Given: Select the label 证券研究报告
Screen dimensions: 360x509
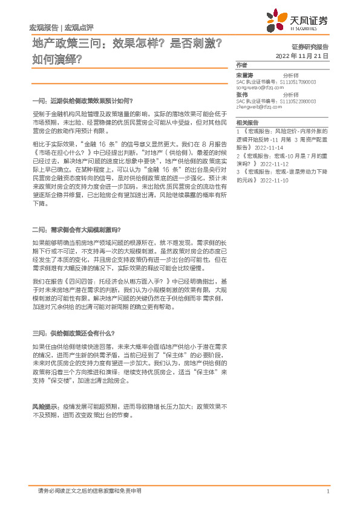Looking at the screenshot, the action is [x=310, y=47].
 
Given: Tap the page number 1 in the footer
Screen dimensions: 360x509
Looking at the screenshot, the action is [x=327, y=491].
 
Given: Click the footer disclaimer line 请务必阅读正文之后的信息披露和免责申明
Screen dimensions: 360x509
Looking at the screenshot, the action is [x=89, y=491].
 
